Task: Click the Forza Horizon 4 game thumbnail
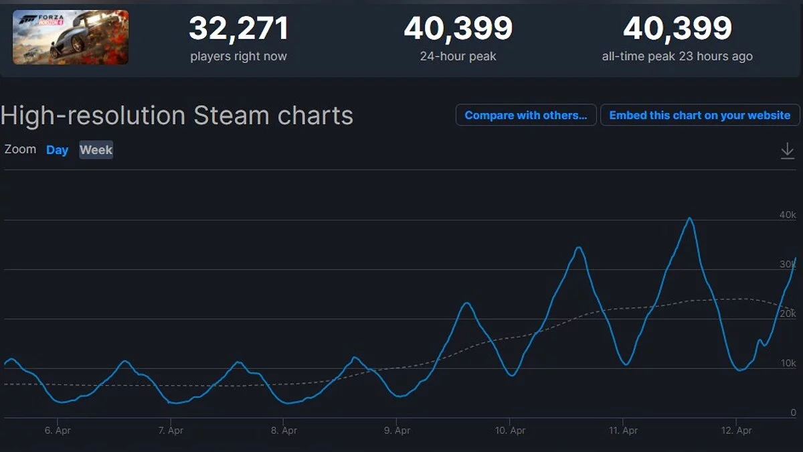click(x=70, y=37)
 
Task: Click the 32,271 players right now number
click(x=238, y=29)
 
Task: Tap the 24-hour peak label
click(x=458, y=56)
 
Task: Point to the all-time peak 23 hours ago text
click(x=677, y=56)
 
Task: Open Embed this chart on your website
click(x=699, y=115)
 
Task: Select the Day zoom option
click(x=57, y=150)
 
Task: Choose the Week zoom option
click(x=96, y=150)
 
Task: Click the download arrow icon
click(x=787, y=151)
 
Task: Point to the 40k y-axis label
click(x=788, y=215)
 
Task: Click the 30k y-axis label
click(x=788, y=265)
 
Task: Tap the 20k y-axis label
click(x=788, y=314)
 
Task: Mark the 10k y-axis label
click(x=788, y=364)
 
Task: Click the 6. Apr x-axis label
click(x=58, y=431)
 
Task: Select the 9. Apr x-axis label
click(x=397, y=431)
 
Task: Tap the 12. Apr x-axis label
click(x=735, y=431)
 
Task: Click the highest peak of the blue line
click(x=689, y=218)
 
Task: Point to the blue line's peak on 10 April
click(x=579, y=248)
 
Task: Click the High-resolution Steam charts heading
click(x=177, y=116)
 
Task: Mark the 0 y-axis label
click(x=793, y=413)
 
